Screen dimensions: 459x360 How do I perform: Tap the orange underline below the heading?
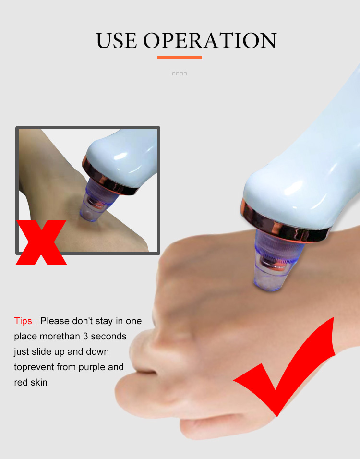(x=180, y=57)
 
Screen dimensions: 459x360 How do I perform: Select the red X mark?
(x=41, y=242)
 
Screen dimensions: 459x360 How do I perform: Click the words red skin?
(x=31, y=382)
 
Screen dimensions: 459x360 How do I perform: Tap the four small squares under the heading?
(x=180, y=74)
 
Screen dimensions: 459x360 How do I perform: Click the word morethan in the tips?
(x=55, y=336)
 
